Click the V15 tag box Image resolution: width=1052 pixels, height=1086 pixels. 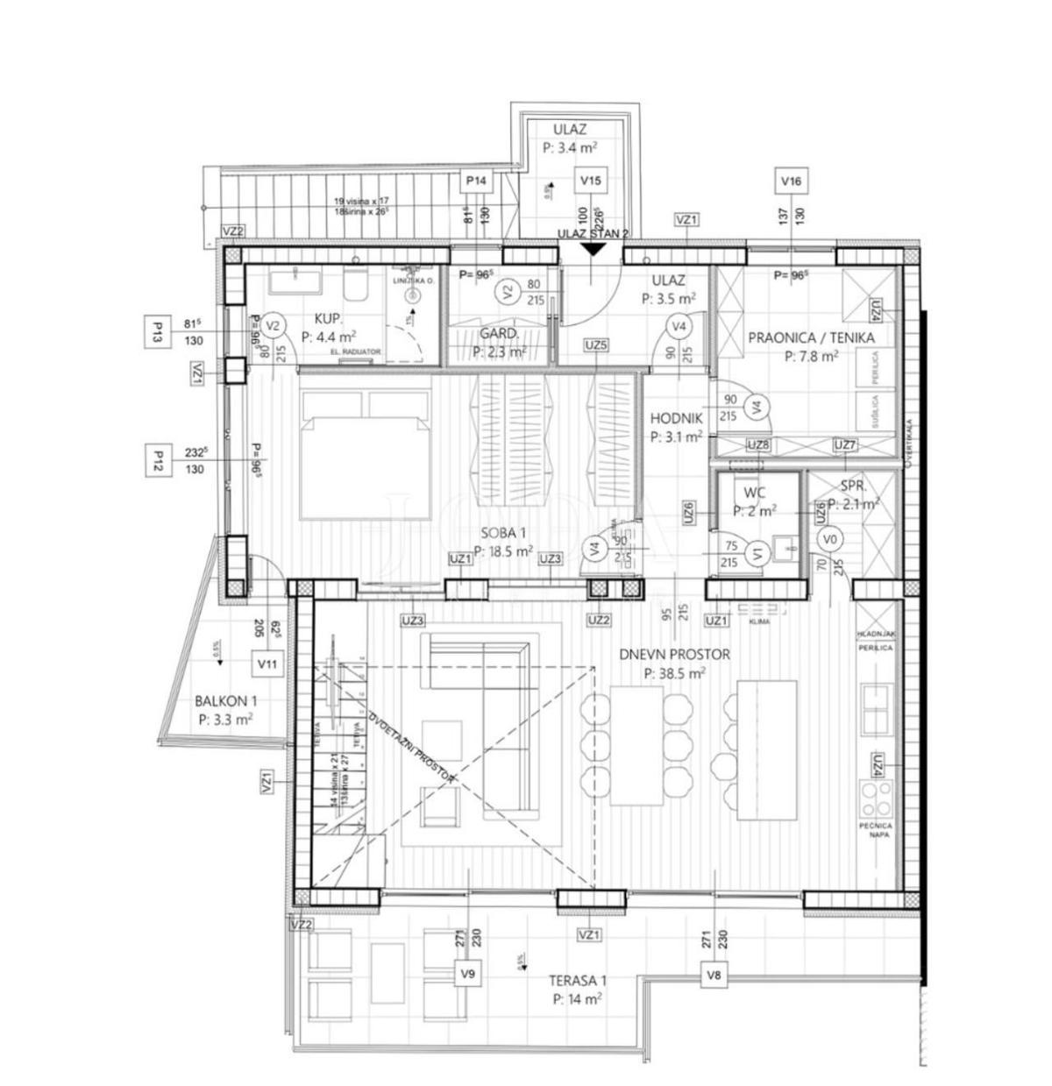[590, 181]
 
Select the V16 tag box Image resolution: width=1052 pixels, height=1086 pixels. [791, 181]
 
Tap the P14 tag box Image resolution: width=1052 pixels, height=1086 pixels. [476, 181]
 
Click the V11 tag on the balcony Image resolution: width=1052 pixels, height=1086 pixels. [267, 664]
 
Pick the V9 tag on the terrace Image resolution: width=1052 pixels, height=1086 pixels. [468, 972]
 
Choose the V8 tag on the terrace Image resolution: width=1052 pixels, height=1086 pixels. [714, 972]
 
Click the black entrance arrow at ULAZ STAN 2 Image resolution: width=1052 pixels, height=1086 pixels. [594, 250]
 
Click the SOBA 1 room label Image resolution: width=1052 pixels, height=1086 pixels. [502, 532]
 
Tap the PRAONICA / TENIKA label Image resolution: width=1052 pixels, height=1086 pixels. [811, 337]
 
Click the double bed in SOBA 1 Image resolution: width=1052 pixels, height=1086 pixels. [366, 454]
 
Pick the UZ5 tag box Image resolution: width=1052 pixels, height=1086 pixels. [594, 345]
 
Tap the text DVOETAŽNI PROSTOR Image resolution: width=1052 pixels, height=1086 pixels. [412, 747]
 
